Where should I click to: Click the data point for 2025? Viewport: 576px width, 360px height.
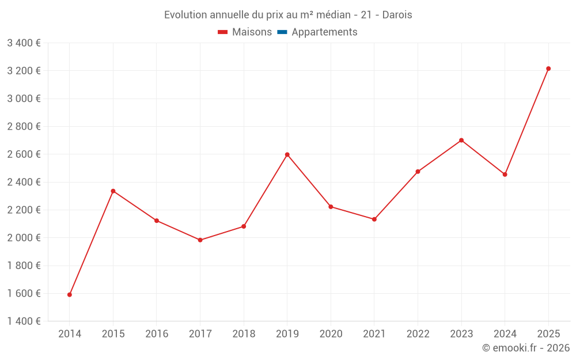tap(548, 69)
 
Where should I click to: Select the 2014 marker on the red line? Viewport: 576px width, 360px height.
tap(70, 294)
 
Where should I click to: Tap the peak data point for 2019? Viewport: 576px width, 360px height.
tap(287, 154)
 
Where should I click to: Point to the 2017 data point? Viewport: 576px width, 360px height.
tap(200, 240)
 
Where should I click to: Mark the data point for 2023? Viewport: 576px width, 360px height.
tap(461, 140)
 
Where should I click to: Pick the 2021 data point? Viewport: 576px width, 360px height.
tap(374, 219)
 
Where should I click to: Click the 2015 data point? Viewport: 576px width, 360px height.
tap(113, 191)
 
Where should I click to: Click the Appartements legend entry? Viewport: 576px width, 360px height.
tap(324, 32)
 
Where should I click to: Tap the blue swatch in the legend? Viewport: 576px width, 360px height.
tap(282, 32)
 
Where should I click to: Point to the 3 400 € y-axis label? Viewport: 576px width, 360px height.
tap(24, 43)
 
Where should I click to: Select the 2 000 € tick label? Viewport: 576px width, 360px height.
tap(24, 238)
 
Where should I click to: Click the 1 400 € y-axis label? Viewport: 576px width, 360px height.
tap(24, 321)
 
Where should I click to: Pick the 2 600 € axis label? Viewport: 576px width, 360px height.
tap(24, 154)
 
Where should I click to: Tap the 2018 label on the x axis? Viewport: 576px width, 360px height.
tap(244, 334)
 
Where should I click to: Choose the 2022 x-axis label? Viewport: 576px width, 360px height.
tap(418, 334)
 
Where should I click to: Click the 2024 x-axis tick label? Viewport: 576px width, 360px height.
tap(505, 334)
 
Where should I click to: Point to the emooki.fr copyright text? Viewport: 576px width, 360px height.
tap(526, 348)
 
